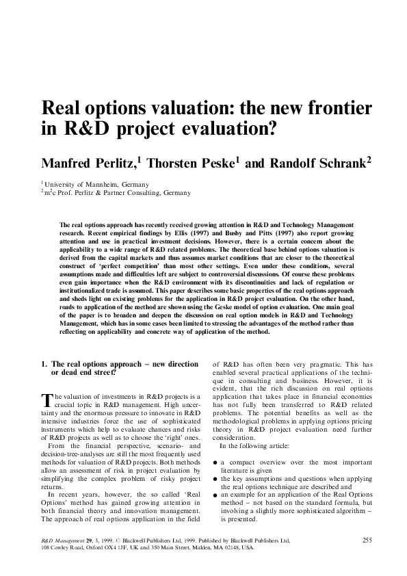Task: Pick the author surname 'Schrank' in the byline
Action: point(332,162)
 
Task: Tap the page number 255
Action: point(367,540)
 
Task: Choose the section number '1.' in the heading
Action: point(45,365)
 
